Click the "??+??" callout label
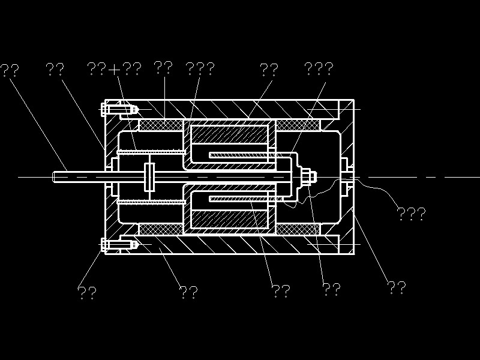(114, 68)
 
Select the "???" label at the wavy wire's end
(411, 213)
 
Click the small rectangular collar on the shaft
(149, 177)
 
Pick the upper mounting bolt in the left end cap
(119, 110)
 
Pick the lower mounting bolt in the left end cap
(119, 244)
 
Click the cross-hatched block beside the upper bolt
(161, 125)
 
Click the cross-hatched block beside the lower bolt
(161, 230)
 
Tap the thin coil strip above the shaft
(240, 156)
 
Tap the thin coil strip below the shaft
(240, 198)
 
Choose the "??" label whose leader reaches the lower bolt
(87, 292)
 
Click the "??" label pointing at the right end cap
(396, 288)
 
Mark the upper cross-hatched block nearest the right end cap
(298, 125)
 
